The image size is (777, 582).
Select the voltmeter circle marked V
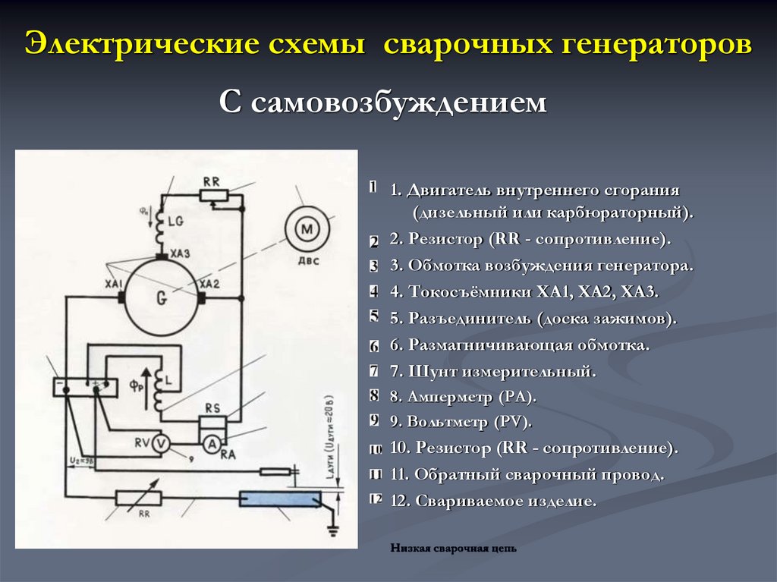(160, 443)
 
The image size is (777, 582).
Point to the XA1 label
(114, 284)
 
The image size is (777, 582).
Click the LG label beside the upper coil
(176, 222)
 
